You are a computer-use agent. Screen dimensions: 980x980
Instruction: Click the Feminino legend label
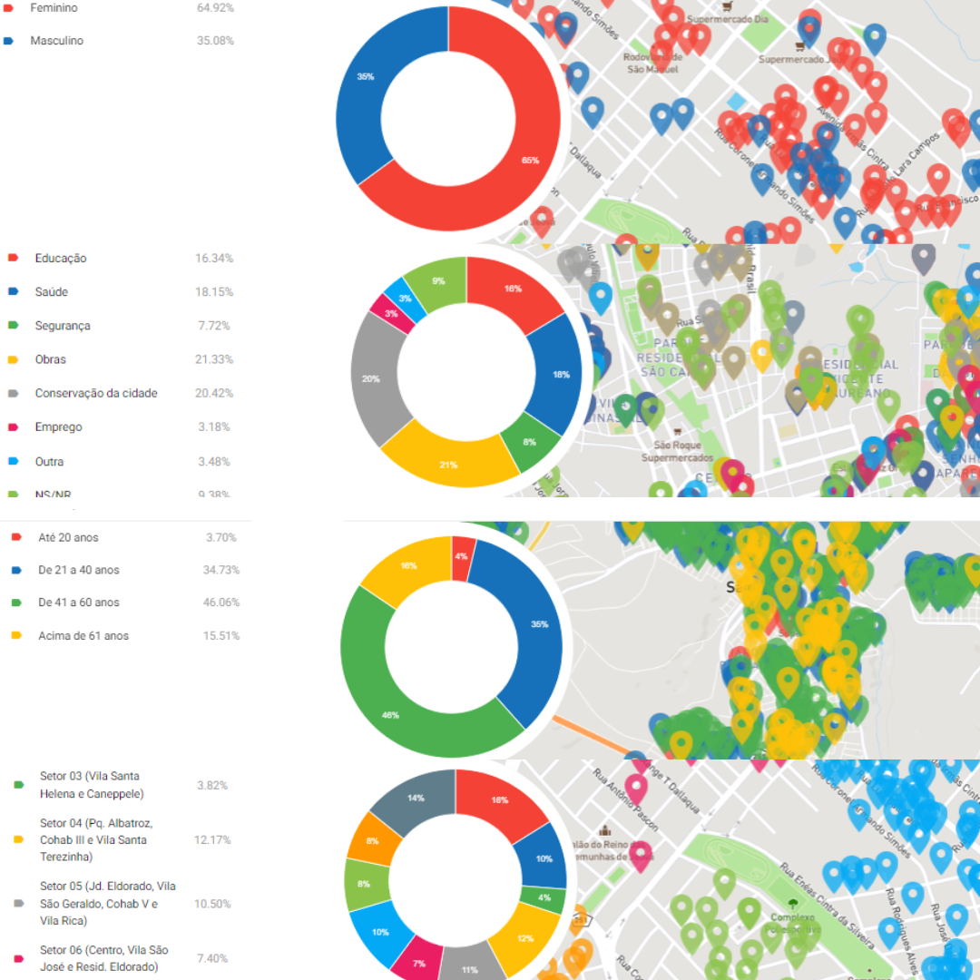click(54, 8)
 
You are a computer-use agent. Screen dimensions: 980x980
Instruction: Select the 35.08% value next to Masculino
click(215, 41)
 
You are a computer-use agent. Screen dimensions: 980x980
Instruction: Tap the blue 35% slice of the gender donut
click(363, 91)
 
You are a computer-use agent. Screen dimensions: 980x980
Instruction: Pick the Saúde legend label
click(52, 292)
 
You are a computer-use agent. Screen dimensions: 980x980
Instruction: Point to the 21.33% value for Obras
click(214, 359)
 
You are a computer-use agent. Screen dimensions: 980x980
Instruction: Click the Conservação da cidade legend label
click(96, 393)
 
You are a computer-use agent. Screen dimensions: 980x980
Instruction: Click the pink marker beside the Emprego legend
click(14, 426)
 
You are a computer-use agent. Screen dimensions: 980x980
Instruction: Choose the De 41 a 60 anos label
click(79, 603)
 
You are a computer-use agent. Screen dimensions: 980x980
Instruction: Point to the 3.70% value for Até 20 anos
click(220, 537)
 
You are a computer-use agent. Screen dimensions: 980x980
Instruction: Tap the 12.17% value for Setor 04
click(212, 839)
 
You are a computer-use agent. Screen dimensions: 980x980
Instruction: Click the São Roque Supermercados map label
click(682, 452)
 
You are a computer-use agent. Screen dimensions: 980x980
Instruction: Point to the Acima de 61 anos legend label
click(83, 636)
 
